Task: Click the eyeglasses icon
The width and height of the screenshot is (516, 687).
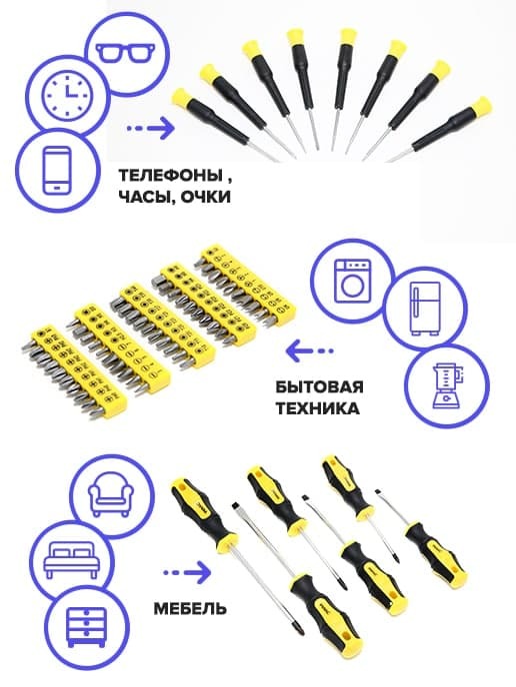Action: (126, 52)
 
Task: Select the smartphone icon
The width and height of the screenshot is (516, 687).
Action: (57, 171)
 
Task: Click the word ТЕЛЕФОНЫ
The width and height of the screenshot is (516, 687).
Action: (169, 176)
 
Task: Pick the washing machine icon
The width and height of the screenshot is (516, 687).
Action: (352, 281)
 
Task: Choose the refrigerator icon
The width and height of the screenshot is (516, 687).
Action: (425, 309)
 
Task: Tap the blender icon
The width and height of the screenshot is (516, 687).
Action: (446, 386)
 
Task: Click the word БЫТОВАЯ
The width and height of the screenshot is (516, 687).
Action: (319, 387)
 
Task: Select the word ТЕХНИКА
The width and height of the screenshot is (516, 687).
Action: (317, 408)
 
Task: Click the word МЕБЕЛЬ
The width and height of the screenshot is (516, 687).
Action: (190, 608)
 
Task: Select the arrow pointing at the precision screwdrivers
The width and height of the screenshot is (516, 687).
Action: (150, 129)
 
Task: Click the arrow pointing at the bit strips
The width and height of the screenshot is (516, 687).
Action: (309, 350)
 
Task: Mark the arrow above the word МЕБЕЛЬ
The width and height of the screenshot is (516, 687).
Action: (187, 572)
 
